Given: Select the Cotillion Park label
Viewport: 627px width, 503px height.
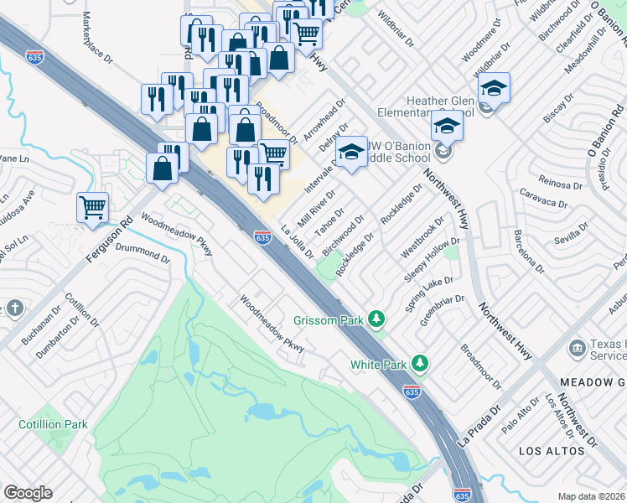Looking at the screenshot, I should point(54,424).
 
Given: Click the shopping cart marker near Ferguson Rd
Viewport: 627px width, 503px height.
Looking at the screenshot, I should point(92,206).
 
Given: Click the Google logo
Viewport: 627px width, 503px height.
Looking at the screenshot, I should point(27,493).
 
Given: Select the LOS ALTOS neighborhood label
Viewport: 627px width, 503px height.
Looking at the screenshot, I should point(552,451).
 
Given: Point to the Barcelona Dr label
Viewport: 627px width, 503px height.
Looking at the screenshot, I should point(528,251).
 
